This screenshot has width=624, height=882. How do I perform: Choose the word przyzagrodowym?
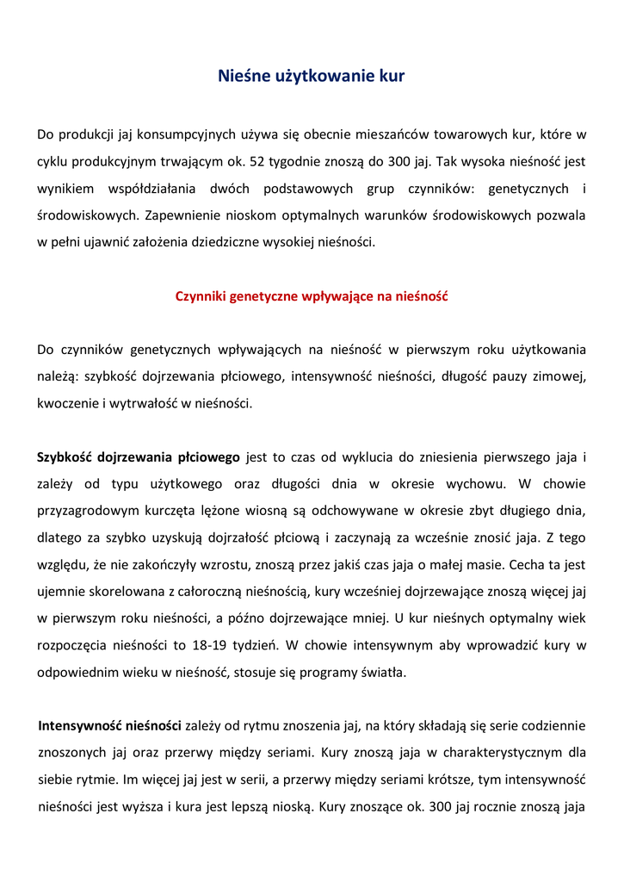[x=90, y=511]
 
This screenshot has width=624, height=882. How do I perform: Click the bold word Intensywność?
[x=85, y=725]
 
